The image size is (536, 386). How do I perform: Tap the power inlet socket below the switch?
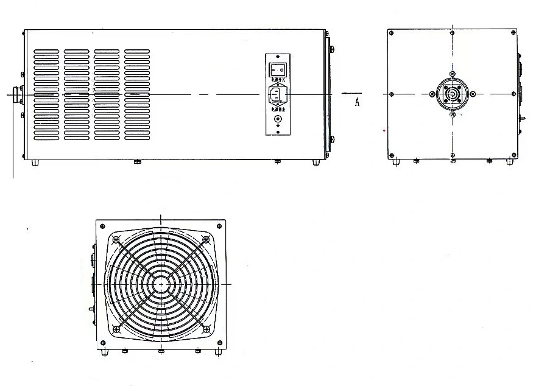coord(278,94)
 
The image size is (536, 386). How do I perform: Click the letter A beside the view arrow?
coord(358,103)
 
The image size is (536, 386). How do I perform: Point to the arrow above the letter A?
coord(352,94)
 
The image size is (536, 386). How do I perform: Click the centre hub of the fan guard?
coord(161,284)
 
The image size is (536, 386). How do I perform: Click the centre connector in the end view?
coord(452,94)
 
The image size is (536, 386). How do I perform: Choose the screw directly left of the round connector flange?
coord(432,94)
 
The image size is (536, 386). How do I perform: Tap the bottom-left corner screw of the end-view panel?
coord(392,155)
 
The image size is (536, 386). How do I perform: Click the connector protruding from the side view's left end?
coord(16,94)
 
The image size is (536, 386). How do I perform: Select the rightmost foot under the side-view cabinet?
coord(316,162)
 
